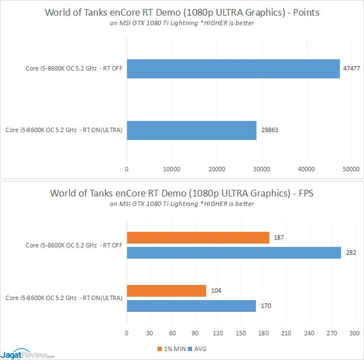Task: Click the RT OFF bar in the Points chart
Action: (x=233, y=69)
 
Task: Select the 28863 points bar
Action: (x=192, y=130)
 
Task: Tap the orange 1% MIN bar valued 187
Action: (x=198, y=238)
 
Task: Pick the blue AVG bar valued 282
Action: (x=234, y=253)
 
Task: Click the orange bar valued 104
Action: (x=166, y=291)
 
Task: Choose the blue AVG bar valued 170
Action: (x=191, y=306)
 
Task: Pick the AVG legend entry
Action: (x=199, y=349)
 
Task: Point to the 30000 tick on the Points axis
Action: (x=262, y=169)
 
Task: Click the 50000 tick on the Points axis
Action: (x=352, y=169)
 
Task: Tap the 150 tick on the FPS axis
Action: (x=240, y=334)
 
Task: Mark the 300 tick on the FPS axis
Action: (x=353, y=334)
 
